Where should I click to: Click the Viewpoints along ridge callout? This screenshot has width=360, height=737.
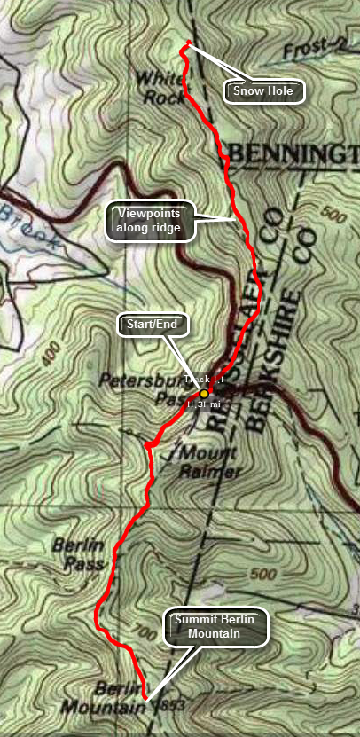point(149,221)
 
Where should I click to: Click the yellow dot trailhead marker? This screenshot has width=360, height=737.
point(204,392)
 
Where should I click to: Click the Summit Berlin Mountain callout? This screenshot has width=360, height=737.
point(215,627)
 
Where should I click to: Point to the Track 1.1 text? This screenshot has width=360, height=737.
point(204,380)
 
